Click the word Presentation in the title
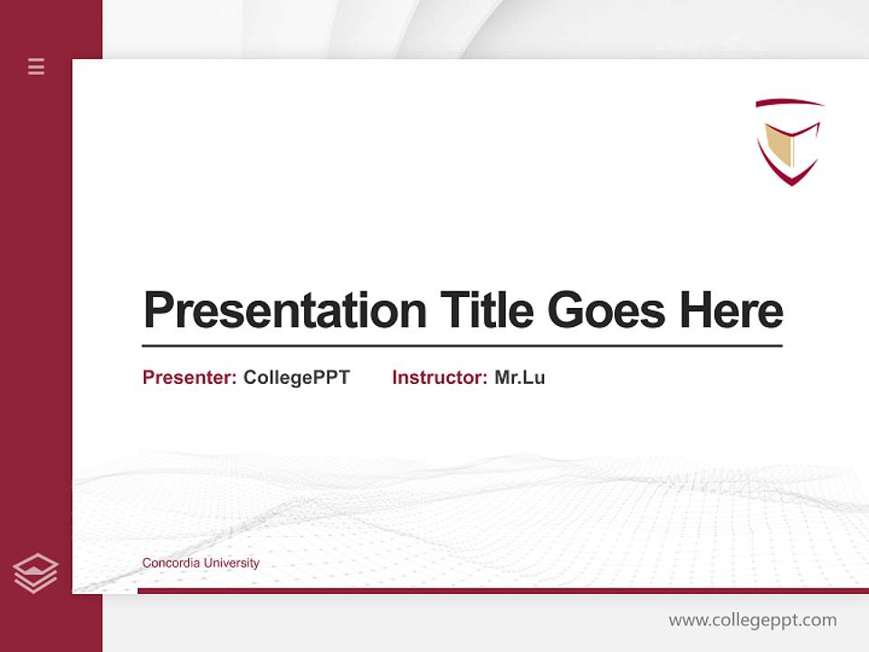(284, 311)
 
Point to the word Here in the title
(731, 311)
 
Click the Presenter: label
(189, 378)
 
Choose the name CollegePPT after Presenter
(296, 378)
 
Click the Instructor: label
(439, 378)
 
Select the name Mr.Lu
(520, 378)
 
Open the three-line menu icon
(36, 66)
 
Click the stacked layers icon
(35, 573)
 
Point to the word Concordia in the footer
(170, 563)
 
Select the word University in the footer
(231, 563)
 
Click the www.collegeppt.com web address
(752, 620)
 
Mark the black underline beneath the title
(462, 346)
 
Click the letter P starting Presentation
(158, 311)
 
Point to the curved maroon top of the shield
(789, 102)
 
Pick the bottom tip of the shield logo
(791, 183)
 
